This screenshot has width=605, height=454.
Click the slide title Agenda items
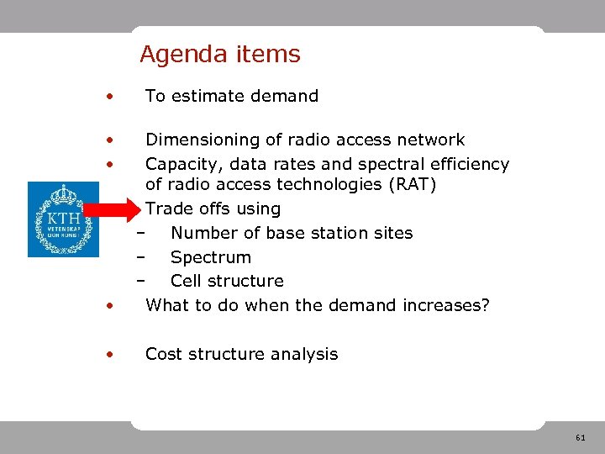point(219,55)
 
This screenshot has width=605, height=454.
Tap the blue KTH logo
point(63,219)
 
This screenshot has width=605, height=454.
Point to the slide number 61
point(580,438)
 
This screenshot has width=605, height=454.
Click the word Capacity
point(180,164)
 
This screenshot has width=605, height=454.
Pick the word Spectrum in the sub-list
point(210,257)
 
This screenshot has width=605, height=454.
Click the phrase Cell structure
point(227,281)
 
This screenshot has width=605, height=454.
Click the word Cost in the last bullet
point(164,354)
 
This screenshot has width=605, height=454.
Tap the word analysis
point(305,354)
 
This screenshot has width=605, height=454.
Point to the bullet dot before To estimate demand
point(108,97)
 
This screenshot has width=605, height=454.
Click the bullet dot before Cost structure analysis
point(108,355)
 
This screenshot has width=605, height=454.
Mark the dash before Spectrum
point(141,257)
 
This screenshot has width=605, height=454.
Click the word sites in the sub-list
point(392,233)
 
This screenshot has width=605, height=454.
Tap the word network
point(430,140)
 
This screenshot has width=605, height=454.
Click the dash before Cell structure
point(141,281)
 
